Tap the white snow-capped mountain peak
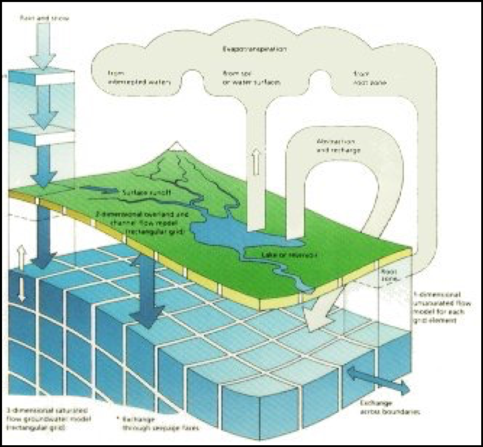pos(178,146)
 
